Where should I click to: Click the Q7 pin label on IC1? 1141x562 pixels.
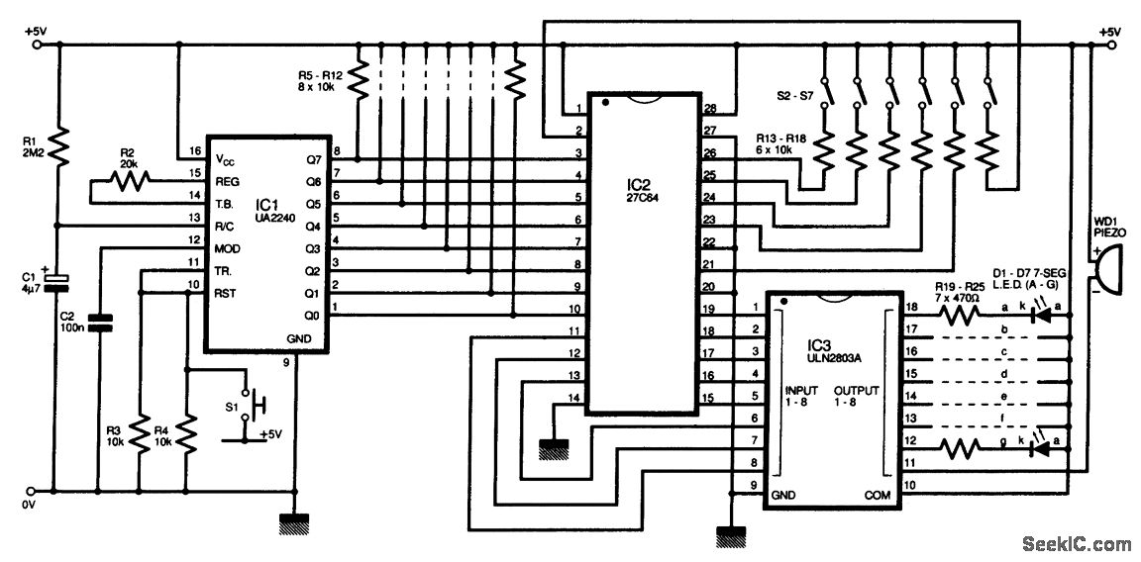point(313,158)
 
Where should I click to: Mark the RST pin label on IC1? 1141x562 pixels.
point(225,291)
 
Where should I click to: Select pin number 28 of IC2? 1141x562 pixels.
point(709,109)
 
